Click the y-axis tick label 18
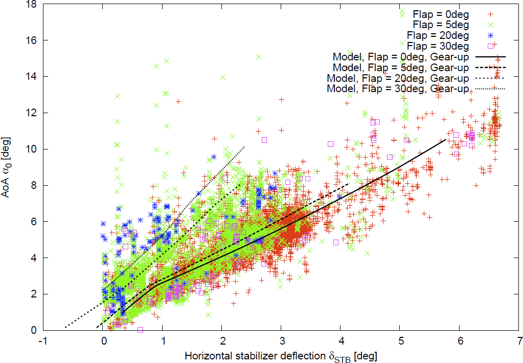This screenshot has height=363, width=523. point(29,4)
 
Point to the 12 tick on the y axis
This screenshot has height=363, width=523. point(29,113)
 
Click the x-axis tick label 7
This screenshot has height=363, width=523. point(519,340)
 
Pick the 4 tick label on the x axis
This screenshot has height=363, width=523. point(340,340)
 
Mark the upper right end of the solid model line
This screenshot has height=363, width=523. point(446,139)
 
